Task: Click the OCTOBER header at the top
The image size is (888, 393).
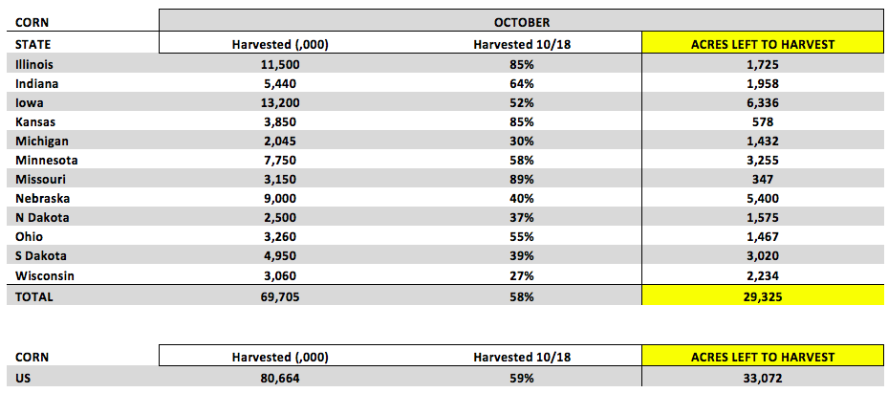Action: point(521,22)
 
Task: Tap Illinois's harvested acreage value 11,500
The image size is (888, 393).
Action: point(280,65)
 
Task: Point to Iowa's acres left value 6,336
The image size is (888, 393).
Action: point(763,102)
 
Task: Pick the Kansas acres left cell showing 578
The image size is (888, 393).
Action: point(763,121)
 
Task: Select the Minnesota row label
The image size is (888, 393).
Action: point(47,161)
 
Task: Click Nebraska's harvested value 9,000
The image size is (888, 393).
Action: point(280,199)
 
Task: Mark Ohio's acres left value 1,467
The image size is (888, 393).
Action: point(763,237)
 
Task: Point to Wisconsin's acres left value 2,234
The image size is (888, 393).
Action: point(763,275)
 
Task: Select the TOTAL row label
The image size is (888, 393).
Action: point(34,296)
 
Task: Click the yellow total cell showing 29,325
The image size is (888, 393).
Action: point(763,295)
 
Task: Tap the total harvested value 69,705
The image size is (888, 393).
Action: point(280,296)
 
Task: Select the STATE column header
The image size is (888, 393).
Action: point(32,45)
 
